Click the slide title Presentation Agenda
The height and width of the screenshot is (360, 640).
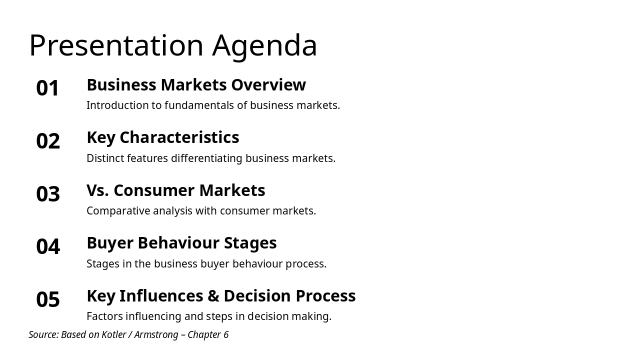click(173, 45)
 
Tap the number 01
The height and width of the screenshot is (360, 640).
click(48, 88)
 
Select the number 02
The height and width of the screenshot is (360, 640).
click(48, 141)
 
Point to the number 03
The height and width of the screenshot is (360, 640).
click(48, 194)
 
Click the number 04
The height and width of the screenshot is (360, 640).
click(48, 246)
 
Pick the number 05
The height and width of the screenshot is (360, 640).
click(48, 299)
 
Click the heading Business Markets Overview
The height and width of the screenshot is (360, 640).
click(196, 85)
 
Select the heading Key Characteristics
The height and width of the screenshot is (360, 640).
click(163, 137)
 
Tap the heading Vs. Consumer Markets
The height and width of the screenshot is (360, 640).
click(176, 190)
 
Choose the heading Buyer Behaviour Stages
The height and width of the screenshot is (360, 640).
click(181, 243)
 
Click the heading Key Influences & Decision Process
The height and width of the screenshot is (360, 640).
click(221, 296)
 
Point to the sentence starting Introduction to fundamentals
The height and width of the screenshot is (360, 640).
click(213, 105)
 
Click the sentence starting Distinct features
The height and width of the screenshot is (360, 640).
click(211, 158)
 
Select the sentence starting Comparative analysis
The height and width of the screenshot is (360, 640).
click(201, 211)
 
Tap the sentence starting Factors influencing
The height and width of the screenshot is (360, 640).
click(209, 316)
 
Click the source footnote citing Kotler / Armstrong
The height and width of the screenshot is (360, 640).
click(128, 334)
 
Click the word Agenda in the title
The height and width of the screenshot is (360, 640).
click(265, 45)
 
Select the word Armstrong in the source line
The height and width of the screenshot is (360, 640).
click(156, 334)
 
